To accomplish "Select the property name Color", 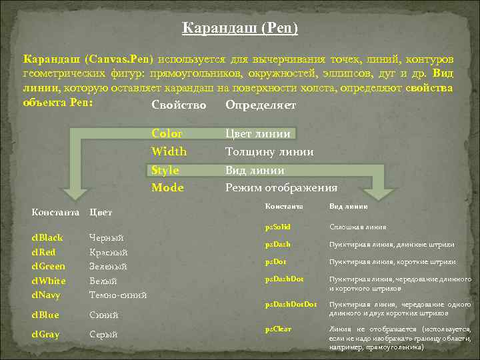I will [x=167, y=134].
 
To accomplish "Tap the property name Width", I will [x=169, y=152].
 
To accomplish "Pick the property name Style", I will [x=165, y=170].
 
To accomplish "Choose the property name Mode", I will [x=167, y=188].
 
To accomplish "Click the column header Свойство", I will [x=179, y=105].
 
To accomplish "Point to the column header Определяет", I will [x=261, y=105].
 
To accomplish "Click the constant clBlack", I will [x=47, y=237].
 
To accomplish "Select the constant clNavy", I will [x=46, y=295].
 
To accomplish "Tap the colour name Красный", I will [x=108, y=253].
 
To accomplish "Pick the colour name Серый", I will [x=103, y=334].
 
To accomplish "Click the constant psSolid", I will [x=277, y=227].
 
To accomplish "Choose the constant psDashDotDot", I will [x=291, y=304].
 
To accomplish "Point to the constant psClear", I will [x=278, y=329].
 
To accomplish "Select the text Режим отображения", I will [x=281, y=188].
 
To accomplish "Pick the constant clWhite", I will [x=49, y=281].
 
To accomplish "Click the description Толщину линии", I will [x=269, y=152].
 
